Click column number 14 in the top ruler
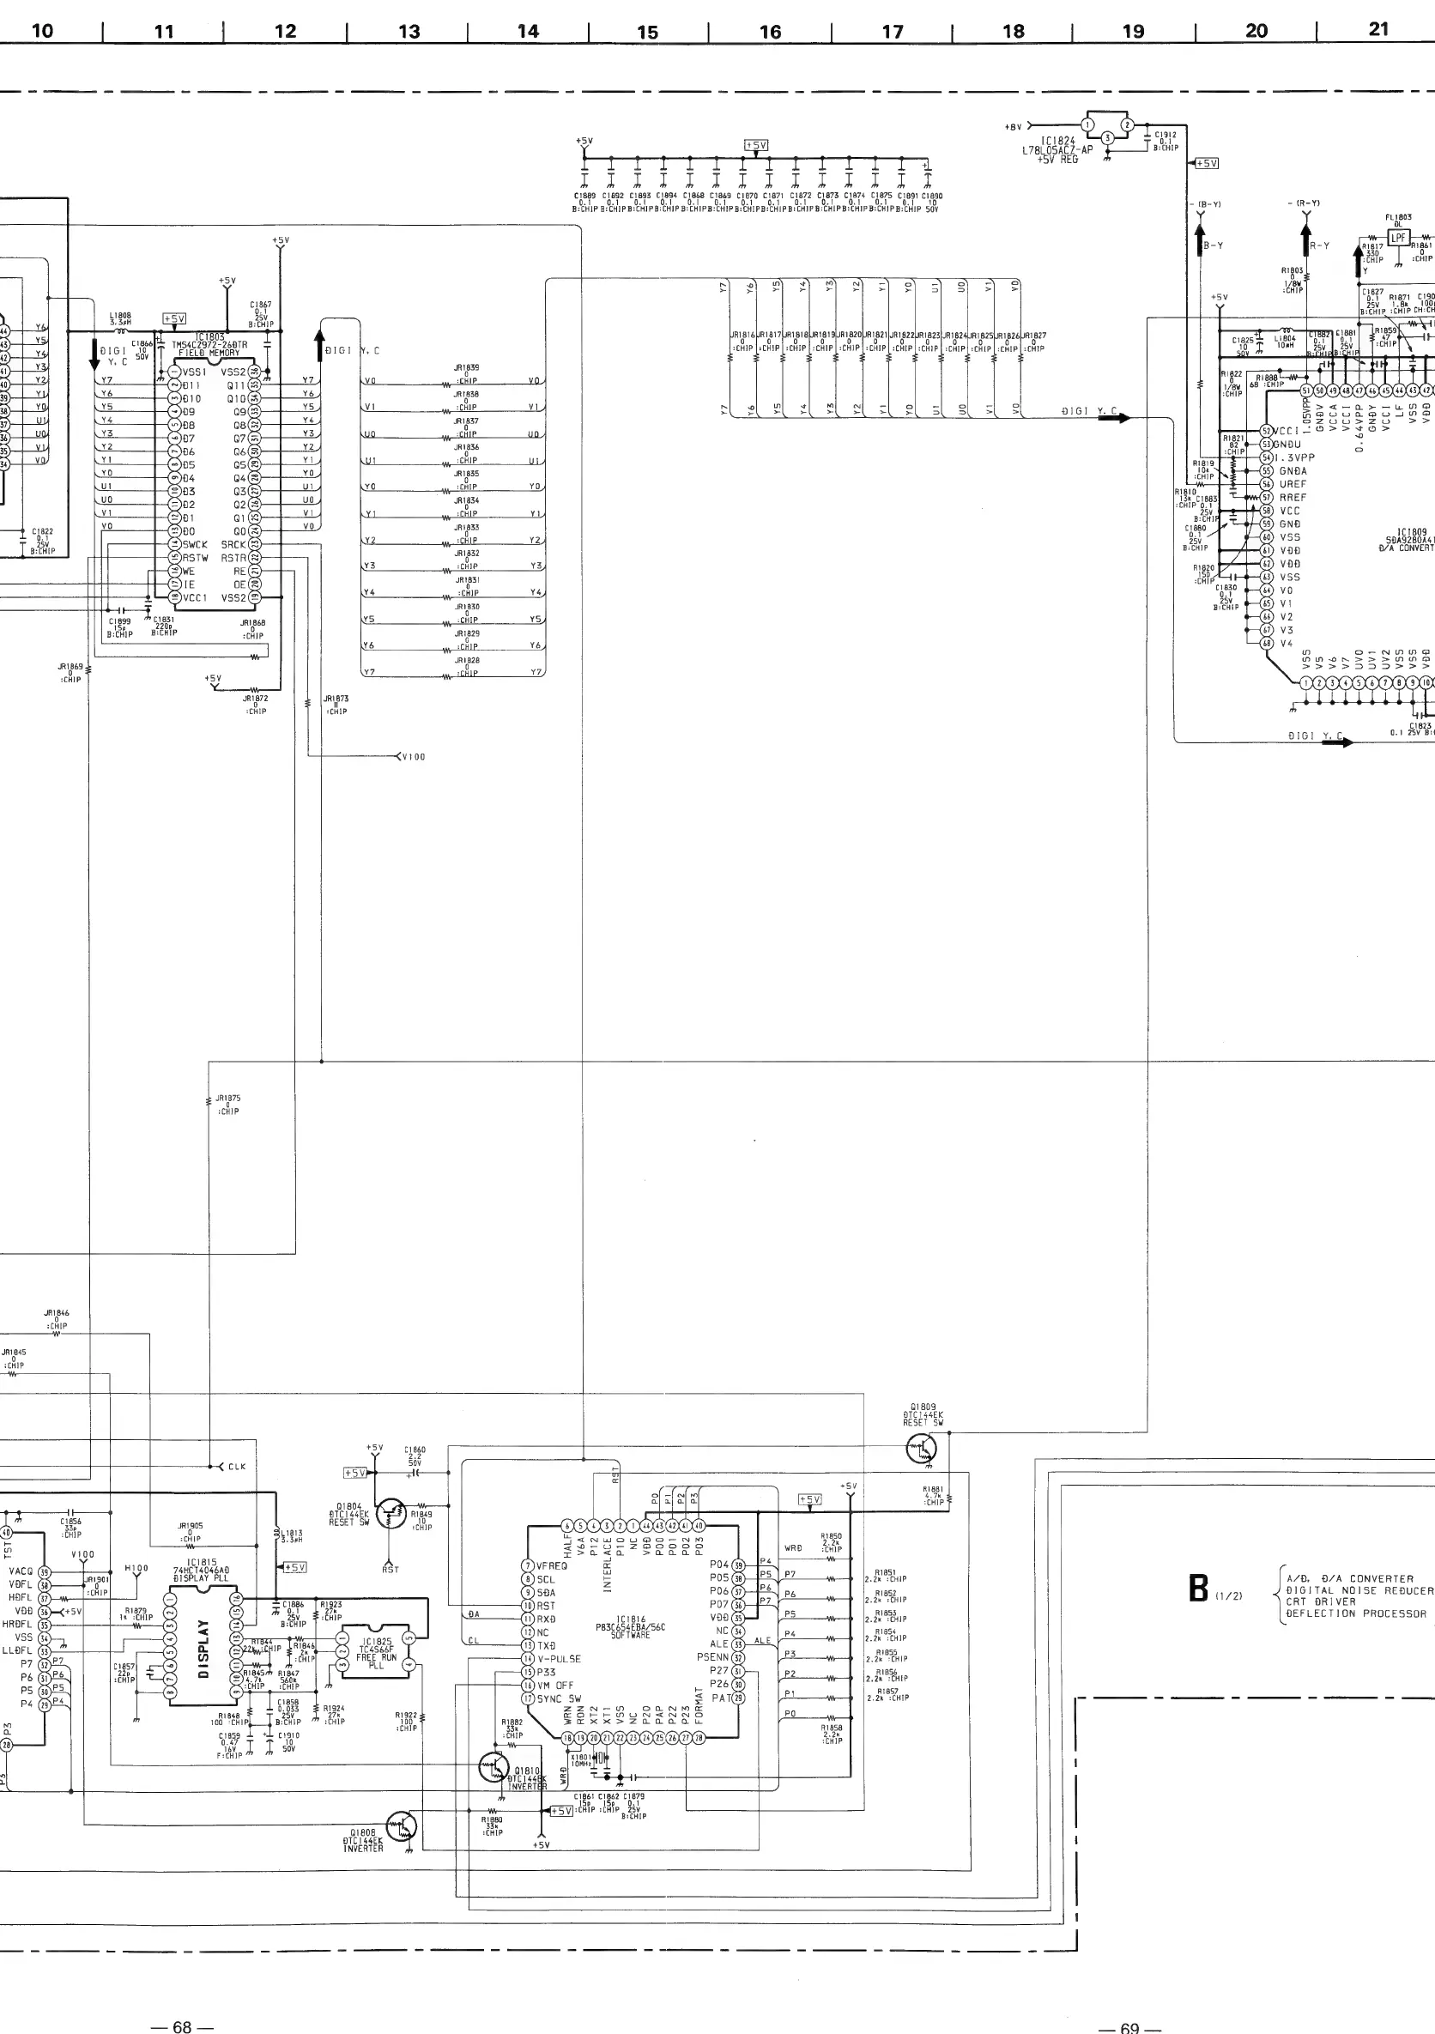click(528, 31)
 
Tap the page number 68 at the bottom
click(182, 2019)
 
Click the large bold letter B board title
click(1198, 1589)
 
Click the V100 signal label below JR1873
click(413, 757)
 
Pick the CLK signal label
click(237, 1467)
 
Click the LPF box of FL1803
click(1399, 238)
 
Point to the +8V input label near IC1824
click(1014, 128)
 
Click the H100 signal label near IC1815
click(136, 1568)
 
